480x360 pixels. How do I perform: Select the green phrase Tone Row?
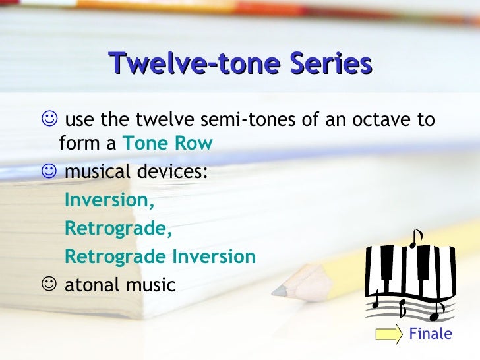pyautogui.click(x=168, y=143)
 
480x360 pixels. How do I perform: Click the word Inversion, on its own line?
pyautogui.click(x=109, y=201)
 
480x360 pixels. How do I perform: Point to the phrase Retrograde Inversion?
pyautogui.click(x=160, y=256)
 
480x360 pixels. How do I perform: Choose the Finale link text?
pyautogui.click(x=431, y=334)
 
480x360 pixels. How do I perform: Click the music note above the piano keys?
pyautogui.click(x=415, y=238)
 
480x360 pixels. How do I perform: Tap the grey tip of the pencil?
pyautogui.click(x=280, y=289)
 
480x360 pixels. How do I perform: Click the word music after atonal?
pyautogui.click(x=153, y=285)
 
